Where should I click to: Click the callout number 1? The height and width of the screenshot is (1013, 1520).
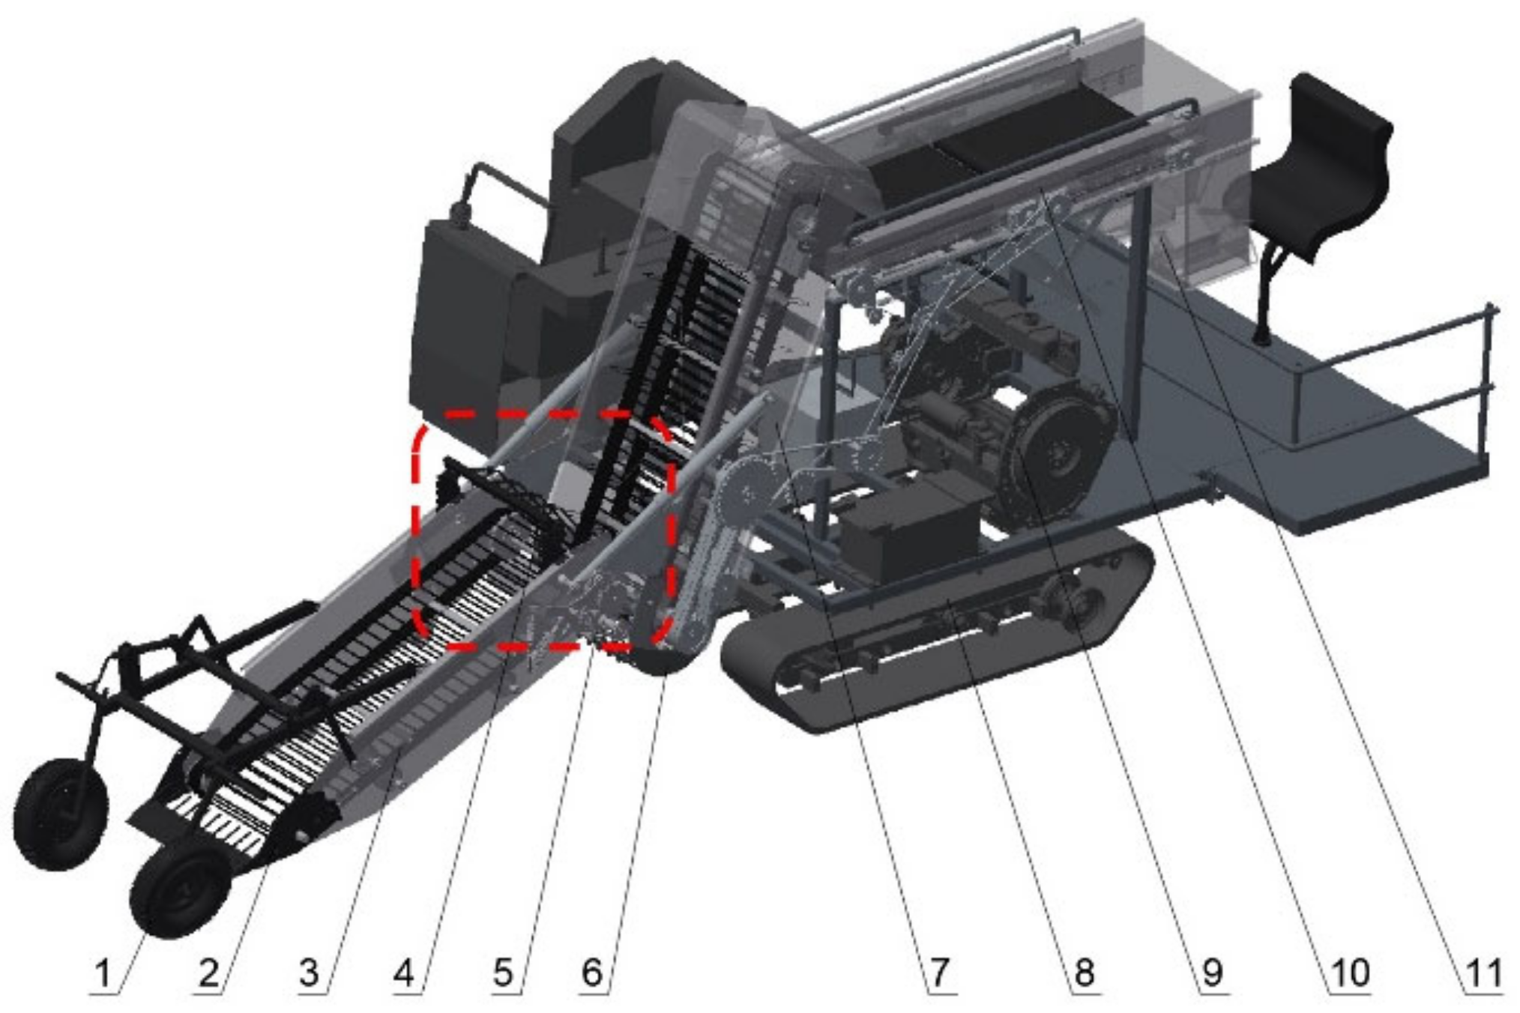tap(103, 973)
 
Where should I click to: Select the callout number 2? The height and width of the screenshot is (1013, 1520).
tap(208, 973)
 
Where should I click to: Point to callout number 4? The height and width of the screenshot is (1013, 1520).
tap(403, 973)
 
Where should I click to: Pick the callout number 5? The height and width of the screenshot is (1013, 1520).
tap(503, 973)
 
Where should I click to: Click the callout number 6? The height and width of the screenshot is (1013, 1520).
tap(591, 973)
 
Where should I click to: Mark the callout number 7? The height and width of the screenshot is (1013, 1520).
tap(939, 973)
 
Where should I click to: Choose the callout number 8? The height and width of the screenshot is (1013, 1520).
tap(1084, 973)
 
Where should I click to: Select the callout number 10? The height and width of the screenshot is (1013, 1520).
tap(1350, 973)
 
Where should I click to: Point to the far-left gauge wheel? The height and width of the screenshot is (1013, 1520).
tap(60, 813)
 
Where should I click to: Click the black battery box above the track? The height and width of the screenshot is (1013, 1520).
tap(907, 528)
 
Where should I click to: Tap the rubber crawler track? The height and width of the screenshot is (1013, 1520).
tap(937, 659)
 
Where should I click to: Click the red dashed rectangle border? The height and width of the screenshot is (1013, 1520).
tap(417, 524)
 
